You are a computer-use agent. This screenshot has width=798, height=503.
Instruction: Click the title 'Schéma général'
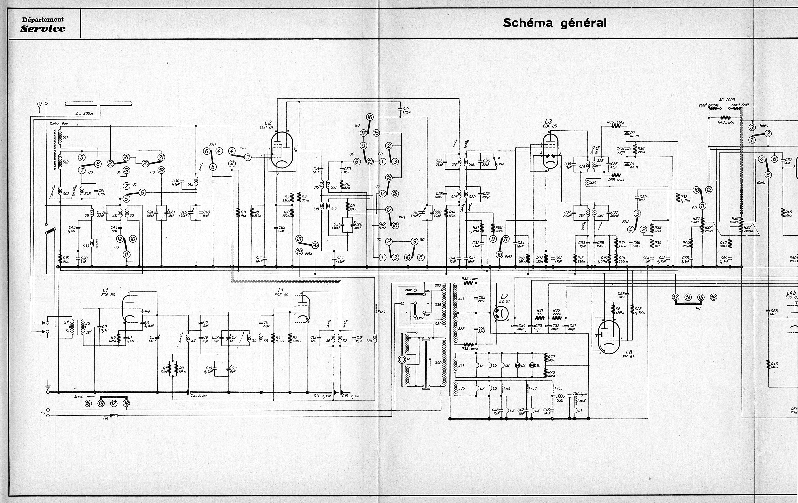click(x=555, y=23)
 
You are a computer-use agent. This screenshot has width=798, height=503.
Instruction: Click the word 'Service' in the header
click(x=43, y=28)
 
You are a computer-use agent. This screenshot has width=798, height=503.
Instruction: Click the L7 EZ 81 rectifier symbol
click(x=501, y=313)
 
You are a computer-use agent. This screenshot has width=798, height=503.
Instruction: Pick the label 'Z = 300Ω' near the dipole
click(x=84, y=114)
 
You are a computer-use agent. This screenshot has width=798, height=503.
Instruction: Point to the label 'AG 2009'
click(x=726, y=100)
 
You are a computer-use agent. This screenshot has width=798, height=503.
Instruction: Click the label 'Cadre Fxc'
click(x=59, y=124)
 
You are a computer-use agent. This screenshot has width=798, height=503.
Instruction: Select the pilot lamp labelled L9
click(x=517, y=365)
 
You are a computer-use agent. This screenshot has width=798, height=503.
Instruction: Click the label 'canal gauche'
click(x=709, y=105)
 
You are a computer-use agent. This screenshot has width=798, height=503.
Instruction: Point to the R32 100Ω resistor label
click(x=470, y=279)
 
